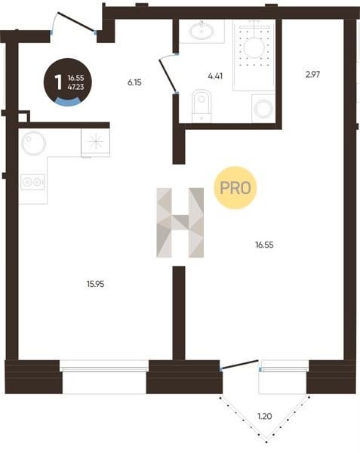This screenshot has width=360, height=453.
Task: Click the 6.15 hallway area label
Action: tap(134, 82)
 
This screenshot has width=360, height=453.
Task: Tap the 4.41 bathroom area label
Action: tap(215, 76)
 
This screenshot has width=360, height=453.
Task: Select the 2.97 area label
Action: tap(312, 75)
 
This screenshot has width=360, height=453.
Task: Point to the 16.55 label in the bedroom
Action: tap(264, 245)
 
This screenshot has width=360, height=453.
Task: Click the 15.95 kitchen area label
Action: tap(96, 284)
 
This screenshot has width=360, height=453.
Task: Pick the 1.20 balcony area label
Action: tap(264, 416)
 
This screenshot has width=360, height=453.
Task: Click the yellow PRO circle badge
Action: tap(235, 188)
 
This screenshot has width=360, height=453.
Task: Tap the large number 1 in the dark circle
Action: tap(58, 82)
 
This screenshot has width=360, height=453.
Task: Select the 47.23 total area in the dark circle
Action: tap(75, 87)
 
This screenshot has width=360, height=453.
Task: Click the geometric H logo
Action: tap(180, 223)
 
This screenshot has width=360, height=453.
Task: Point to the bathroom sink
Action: tap(202, 30)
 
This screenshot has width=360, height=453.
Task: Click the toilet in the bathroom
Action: tap(202, 106)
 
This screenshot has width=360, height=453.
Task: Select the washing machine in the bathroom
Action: tap(263, 108)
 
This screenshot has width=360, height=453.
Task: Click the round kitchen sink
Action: tap(34, 143)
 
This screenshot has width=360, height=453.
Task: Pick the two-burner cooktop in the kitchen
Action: tap(32, 182)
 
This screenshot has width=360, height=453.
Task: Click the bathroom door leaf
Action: tap(168, 75)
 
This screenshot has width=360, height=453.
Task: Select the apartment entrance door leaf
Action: tap(76, 21)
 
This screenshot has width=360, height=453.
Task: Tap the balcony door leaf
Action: tap(239, 365)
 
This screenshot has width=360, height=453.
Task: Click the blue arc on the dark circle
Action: tap(68, 101)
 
